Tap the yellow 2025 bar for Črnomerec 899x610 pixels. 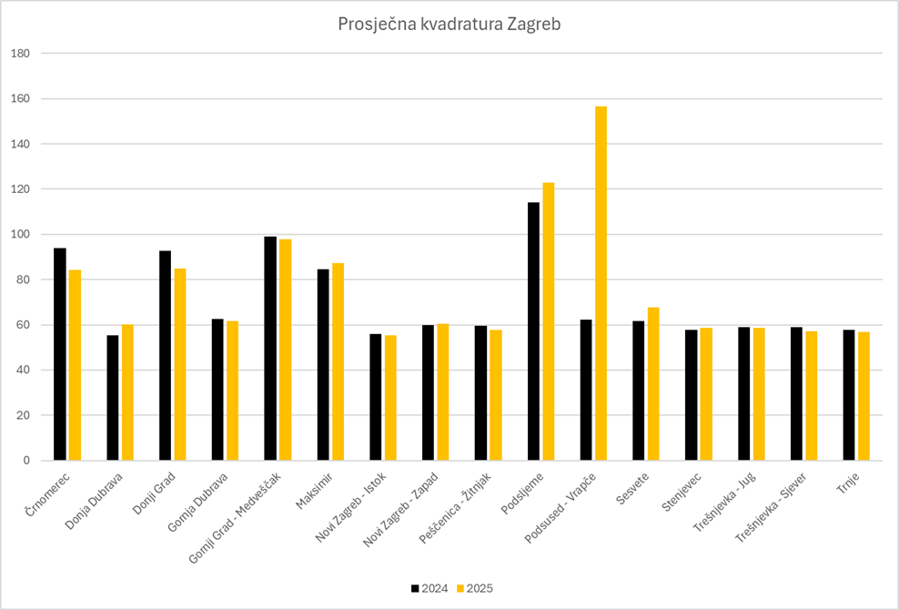(76, 365)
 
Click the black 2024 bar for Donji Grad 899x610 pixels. (165, 356)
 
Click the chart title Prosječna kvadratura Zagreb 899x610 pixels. (449, 24)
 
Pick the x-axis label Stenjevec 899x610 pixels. (684, 494)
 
